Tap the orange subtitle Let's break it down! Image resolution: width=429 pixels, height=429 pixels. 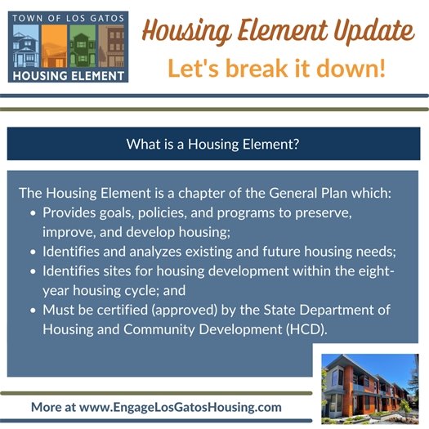pos(276,69)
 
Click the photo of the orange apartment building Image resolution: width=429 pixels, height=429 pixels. pos(370,385)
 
